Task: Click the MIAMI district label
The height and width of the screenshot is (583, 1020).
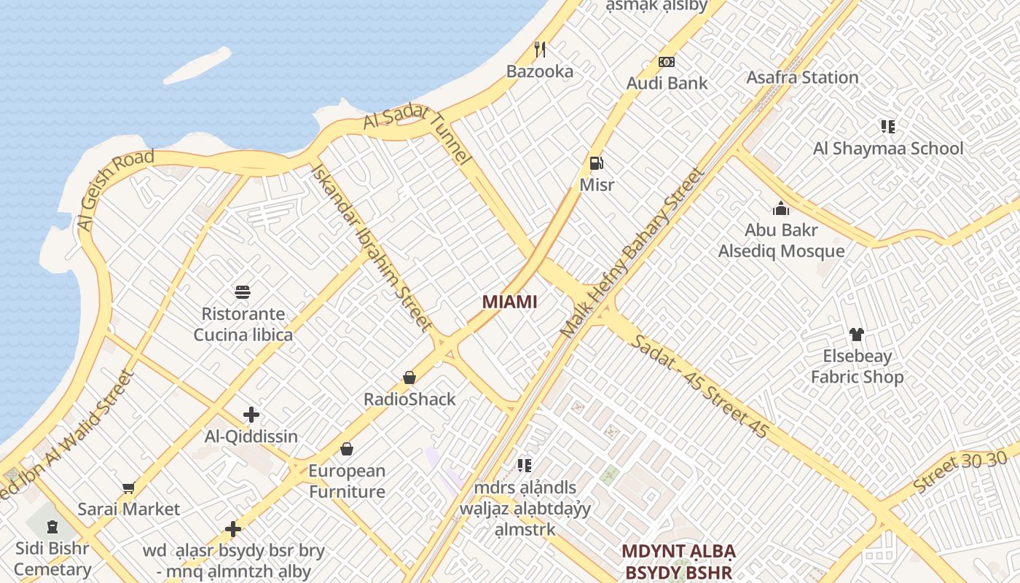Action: pyautogui.click(x=509, y=302)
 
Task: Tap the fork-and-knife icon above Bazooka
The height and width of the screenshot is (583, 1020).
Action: pyautogui.click(x=540, y=50)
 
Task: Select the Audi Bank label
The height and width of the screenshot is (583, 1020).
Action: pyautogui.click(x=667, y=83)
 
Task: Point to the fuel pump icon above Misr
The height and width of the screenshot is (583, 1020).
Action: pyautogui.click(x=596, y=163)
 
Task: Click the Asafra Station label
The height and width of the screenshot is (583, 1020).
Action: pyautogui.click(x=802, y=77)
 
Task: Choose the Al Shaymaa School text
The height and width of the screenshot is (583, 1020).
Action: pyautogui.click(x=887, y=149)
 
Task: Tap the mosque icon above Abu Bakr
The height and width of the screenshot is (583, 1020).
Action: pyautogui.click(x=781, y=209)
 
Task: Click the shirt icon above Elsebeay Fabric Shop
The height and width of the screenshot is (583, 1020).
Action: pyautogui.click(x=856, y=334)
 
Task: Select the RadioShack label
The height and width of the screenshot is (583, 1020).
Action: pyautogui.click(x=409, y=399)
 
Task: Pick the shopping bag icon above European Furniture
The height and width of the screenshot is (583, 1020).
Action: pyautogui.click(x=347, y=449)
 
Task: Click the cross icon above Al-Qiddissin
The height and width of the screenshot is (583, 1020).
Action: pyautogui.click(x=251, y=415)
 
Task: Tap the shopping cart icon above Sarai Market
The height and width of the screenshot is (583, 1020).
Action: pyautogui.click(x=129, y=488)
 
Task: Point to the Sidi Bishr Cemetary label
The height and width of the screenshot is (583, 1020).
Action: pyautogui.click(x=52, y=558)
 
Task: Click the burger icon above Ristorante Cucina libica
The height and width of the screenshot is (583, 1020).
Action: pyautogui.click(x=243, y=292)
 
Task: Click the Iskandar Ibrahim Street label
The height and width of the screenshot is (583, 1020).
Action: pyautogui.click(x=371, y=248)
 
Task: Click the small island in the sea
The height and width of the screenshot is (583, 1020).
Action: pyautogui.click(x=197, y=66)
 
